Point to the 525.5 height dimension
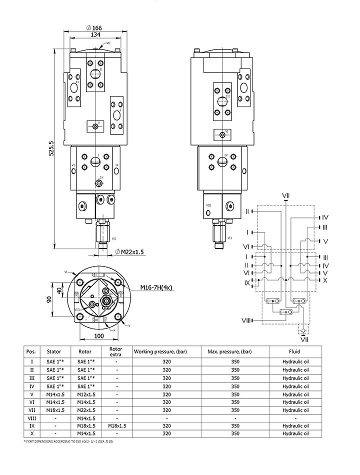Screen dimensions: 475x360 (50, 148)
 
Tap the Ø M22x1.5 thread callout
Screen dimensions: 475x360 (129, 251)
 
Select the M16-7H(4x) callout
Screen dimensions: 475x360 (156, 288)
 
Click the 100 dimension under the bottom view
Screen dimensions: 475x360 (99, 336)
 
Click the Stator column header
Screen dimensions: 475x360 (53, 351)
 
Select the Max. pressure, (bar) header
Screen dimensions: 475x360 (235, 351)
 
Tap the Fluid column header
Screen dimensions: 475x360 (294, 351)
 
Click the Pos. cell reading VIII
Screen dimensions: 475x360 (32, 418)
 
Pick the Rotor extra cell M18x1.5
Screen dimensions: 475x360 (116, 426)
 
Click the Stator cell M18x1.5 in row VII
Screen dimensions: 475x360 (55, 410)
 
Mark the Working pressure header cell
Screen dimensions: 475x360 (160, 351)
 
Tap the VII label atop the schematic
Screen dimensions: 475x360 (285, 194)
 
